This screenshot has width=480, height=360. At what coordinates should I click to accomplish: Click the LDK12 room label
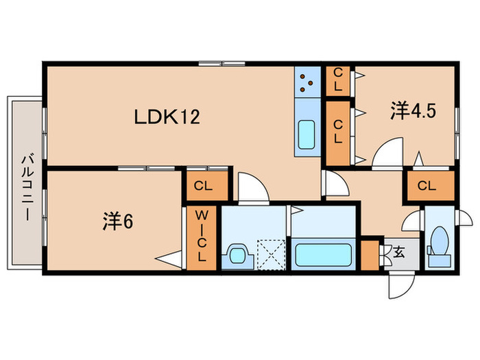167,118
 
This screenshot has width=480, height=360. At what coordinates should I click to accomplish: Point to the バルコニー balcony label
27,184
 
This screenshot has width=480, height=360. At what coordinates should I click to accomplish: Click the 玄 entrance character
399,252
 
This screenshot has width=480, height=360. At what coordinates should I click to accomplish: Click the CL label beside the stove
337,80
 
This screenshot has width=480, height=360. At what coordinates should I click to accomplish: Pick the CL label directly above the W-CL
202,185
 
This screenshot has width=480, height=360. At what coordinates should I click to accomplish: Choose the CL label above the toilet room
427,185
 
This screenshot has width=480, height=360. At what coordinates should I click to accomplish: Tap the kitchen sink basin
307,132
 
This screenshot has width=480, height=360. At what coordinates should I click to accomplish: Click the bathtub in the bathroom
323,253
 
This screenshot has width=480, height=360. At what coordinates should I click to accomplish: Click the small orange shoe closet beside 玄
370,253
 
